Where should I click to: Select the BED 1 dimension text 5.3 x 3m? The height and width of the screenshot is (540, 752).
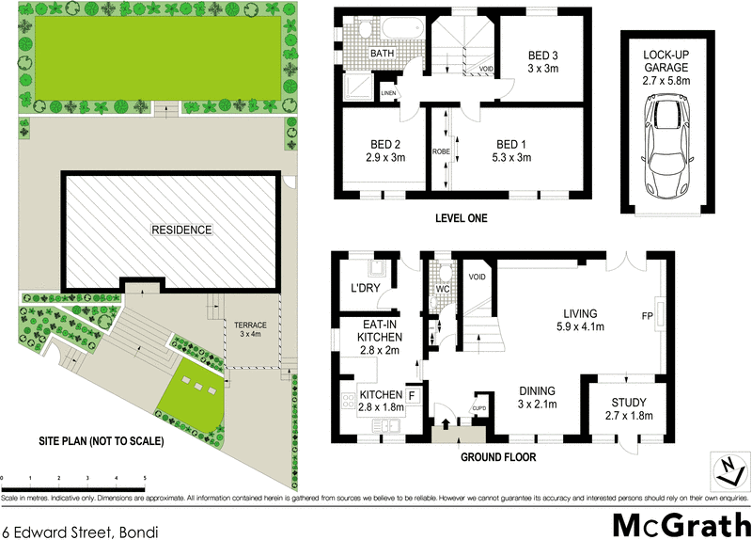point(515,158)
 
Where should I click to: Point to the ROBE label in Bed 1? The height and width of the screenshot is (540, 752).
point(441,151)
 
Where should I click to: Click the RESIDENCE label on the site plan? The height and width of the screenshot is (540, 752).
point(181,230)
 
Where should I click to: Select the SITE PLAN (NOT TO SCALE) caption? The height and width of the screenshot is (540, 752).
point(102,440)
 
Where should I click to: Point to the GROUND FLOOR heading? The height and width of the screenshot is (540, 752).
point(498,458)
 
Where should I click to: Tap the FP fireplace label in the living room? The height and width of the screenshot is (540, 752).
point(647,315)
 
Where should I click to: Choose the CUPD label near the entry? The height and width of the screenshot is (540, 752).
point(478,408)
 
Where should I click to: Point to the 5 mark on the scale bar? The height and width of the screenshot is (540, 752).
point(145,480)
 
